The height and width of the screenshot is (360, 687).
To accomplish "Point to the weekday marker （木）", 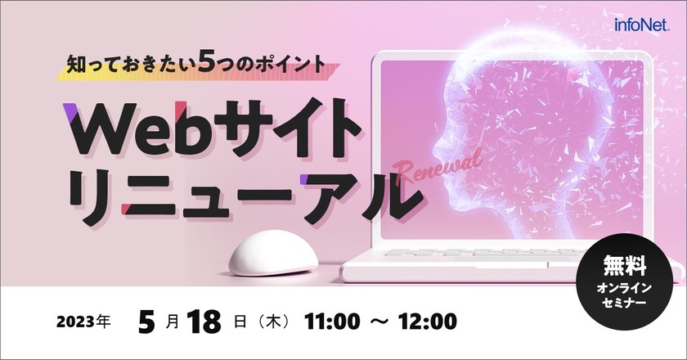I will pyautogui.click(x=270, y=321).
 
